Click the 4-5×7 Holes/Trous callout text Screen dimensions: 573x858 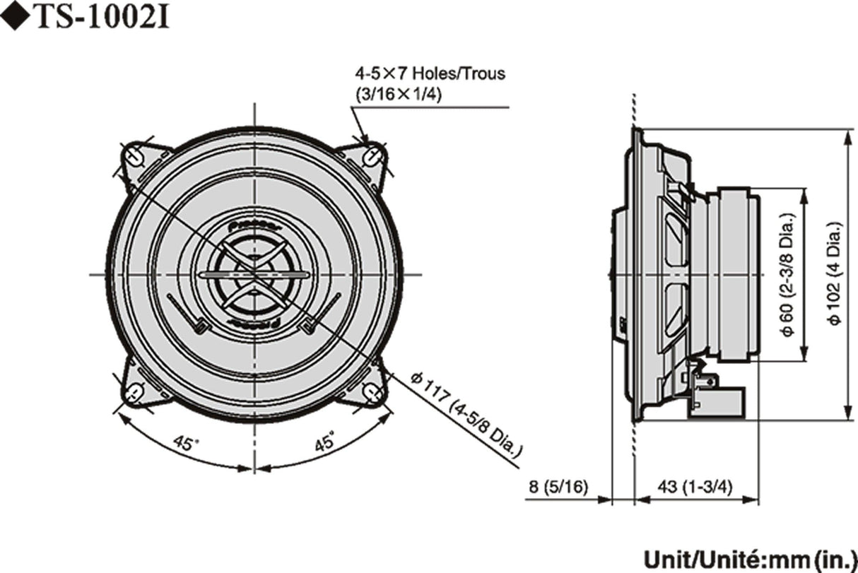430,73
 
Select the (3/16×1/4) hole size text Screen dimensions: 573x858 400,95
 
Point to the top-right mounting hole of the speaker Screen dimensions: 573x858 372,155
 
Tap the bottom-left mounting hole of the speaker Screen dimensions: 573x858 135,392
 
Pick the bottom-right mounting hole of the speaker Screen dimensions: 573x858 372,392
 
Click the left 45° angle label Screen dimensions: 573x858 186,444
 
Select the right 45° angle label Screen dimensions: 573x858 324,444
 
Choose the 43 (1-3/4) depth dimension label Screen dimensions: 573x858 694,487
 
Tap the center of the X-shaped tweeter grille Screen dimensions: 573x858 254,274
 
